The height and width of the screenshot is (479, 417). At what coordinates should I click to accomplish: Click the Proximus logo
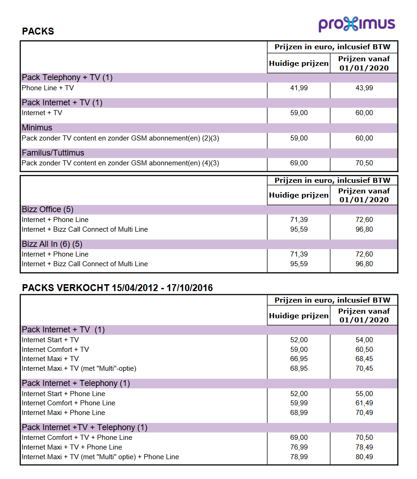tap(357, 24)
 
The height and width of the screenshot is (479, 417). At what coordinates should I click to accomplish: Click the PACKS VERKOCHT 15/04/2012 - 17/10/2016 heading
tap(117, 288)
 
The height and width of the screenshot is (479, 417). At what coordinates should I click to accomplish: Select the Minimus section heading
tap(37, 128)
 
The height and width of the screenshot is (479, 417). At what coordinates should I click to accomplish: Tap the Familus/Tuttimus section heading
tap(53, 153)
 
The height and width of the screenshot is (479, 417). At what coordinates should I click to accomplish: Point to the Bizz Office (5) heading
tap(48, 210)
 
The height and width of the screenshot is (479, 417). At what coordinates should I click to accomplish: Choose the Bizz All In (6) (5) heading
tap(52, 244)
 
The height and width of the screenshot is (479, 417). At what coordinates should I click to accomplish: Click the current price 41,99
tap(299, 88)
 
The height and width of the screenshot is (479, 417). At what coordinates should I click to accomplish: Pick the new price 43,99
tap(364, 88)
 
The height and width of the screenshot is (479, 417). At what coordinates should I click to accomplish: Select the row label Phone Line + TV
tap(48, 88)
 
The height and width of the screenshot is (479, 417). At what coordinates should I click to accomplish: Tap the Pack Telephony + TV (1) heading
tap(67, 77)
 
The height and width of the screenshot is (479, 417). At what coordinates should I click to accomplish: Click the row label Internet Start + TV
tap(50, 340)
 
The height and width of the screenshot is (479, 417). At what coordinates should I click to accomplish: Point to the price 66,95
tap(299, 359)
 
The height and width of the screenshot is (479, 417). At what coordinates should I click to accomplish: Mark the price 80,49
tap(364, 457)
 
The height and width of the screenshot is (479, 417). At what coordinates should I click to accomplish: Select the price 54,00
tap(364, 340)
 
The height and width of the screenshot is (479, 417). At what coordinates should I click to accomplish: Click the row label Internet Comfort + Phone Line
tap(68, 403)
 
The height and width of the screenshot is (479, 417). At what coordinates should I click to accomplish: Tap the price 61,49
tap(364, 403)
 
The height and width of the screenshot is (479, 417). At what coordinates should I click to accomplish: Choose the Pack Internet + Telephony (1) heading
tap(76, 383)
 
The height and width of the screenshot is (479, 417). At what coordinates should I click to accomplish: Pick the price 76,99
tap(299, 447)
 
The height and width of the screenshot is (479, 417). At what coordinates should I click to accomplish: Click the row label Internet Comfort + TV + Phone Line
tap(77, 438)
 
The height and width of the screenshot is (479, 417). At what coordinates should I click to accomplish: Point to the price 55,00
tap(364, 394)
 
